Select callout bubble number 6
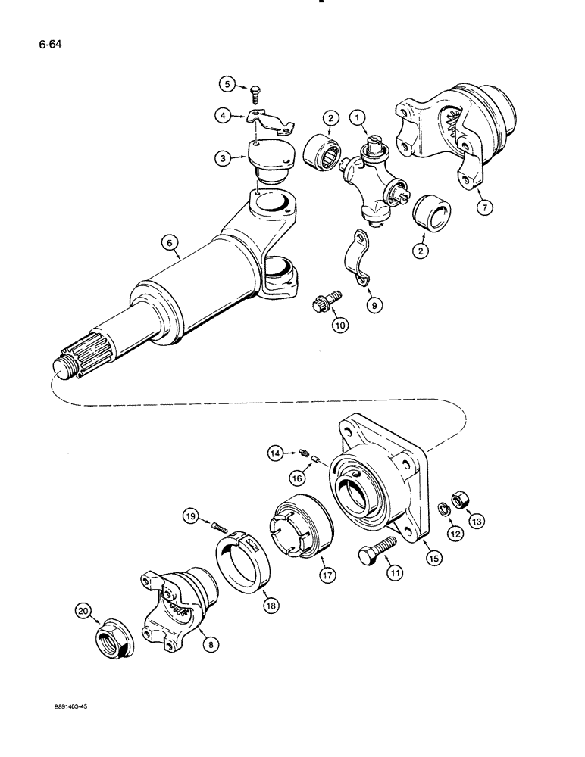coord(169,242)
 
